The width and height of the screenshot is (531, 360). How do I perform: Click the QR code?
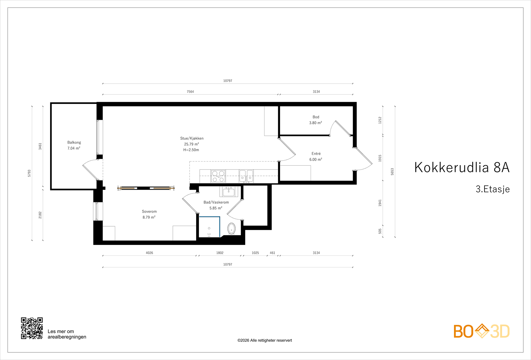(32, 328)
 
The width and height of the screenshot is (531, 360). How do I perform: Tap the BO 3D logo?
(481, 331)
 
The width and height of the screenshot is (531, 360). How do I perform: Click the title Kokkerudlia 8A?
(462, 168)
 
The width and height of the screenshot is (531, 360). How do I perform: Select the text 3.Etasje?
(493, 189)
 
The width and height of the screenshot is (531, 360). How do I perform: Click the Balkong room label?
(74, 145)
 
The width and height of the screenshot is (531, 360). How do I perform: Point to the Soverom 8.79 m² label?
(149, 214)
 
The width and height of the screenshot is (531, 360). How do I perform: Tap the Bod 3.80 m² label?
(316, 120)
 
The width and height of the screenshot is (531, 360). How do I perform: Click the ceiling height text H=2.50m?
(191, 150)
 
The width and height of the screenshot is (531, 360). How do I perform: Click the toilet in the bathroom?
(231, 229)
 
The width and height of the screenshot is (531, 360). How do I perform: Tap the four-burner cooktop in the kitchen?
(218, 176)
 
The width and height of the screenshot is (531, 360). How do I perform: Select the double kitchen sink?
(246, 176)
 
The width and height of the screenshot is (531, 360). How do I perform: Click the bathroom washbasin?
(229, 191)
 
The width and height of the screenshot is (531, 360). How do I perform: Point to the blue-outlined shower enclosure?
(209, 227)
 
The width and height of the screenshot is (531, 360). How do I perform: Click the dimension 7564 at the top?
(190, 92)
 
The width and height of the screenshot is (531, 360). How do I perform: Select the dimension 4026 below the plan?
(149, 253)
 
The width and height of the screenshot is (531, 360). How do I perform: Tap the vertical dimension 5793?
(29, 173)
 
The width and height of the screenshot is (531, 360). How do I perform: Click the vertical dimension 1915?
(380, 158)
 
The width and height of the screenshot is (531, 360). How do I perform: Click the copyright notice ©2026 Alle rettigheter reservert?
(265, 340)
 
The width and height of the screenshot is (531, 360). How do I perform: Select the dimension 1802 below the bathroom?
(220, 253)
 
